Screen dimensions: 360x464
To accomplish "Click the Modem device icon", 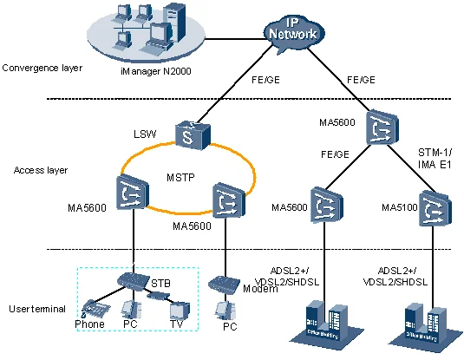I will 222,284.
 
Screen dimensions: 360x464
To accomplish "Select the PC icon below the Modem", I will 229,311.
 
